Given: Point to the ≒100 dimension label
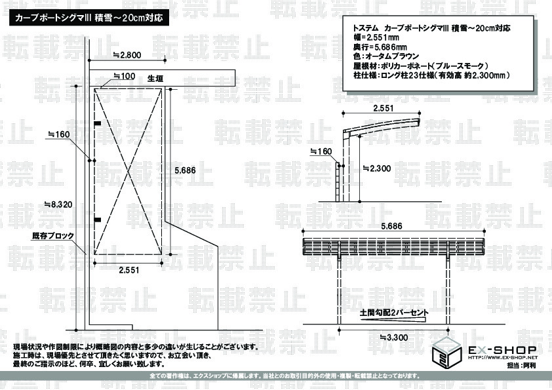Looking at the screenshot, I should [x=125, y=77].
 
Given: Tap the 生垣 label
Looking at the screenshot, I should [x=155, y=79].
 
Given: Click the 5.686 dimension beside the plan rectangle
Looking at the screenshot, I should [x=185, y=170].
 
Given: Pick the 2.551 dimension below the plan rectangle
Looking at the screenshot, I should [x=128, y=269].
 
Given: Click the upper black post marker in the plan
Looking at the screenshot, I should [x=97, y=123].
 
